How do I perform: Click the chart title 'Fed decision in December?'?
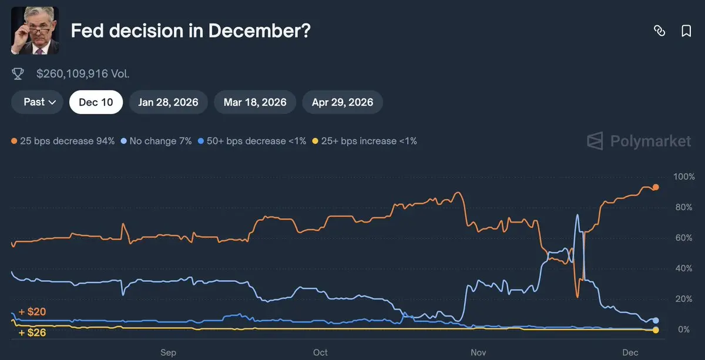(x=190, y=31)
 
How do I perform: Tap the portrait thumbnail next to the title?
(x=35, y=31)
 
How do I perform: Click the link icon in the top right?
(x=659, y=31)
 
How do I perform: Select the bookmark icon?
(x=686, y=31)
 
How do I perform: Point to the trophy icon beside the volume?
(x=18, y=74)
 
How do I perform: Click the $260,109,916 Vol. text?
(x=83, y=74)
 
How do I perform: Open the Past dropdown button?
(x=40, y=102)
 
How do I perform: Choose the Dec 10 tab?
(x=96, y=102)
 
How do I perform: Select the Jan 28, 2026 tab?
(x=168, y=102)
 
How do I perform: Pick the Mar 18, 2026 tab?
(x=255, y=102)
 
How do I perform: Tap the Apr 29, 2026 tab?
(x=343, y=102)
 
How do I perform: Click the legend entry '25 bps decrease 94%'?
(x=63, y=141)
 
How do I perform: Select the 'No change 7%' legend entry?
(x=156, y=141)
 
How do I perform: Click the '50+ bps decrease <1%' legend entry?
(x=252, y=141)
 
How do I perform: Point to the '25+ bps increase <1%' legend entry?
(x=364, y=141)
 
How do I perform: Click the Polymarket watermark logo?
(x=639, y=141)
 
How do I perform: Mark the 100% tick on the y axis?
(x=684, y=177)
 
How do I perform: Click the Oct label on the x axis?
(x=320, y=352)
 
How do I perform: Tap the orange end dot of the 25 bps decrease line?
(x=656, y=187)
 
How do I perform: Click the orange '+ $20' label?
(x=32, y=312)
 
